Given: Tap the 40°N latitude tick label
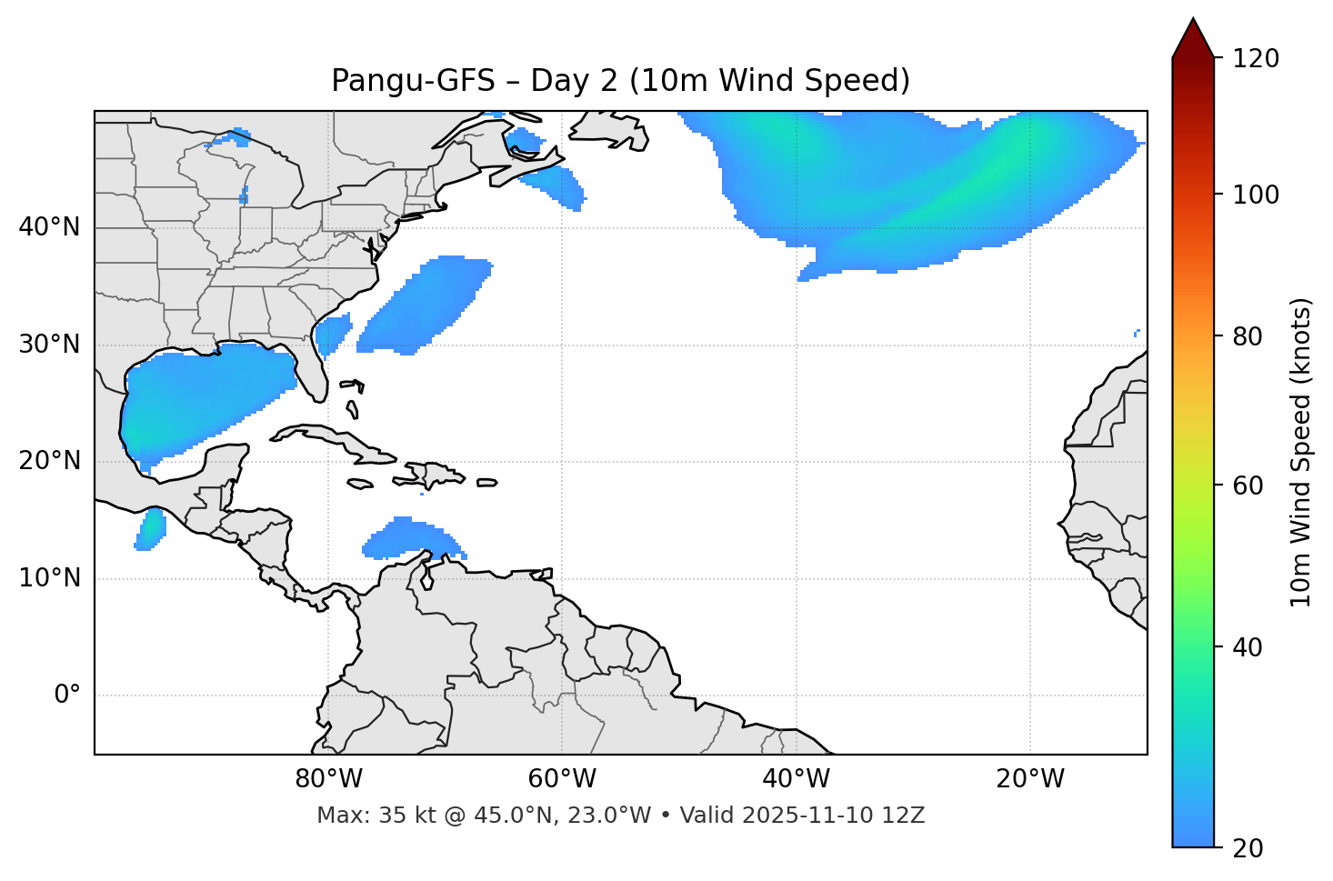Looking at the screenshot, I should point(49,227).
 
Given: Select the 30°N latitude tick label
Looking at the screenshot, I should point(49,345).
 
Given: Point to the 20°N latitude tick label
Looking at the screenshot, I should point(49,461).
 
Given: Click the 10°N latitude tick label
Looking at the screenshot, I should point(49,578).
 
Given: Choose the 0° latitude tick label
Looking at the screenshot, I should point(66,696).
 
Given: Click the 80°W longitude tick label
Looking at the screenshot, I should point(328,779).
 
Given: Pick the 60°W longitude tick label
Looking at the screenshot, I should point(562,779).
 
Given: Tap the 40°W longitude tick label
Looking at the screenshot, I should point(796,779).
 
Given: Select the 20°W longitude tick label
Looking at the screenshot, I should point(1029,779).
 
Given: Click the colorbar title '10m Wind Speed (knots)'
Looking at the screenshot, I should point(1301,452).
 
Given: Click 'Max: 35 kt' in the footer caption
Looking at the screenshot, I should point(367,816).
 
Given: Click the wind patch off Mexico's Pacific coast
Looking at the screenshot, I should point(150,529).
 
